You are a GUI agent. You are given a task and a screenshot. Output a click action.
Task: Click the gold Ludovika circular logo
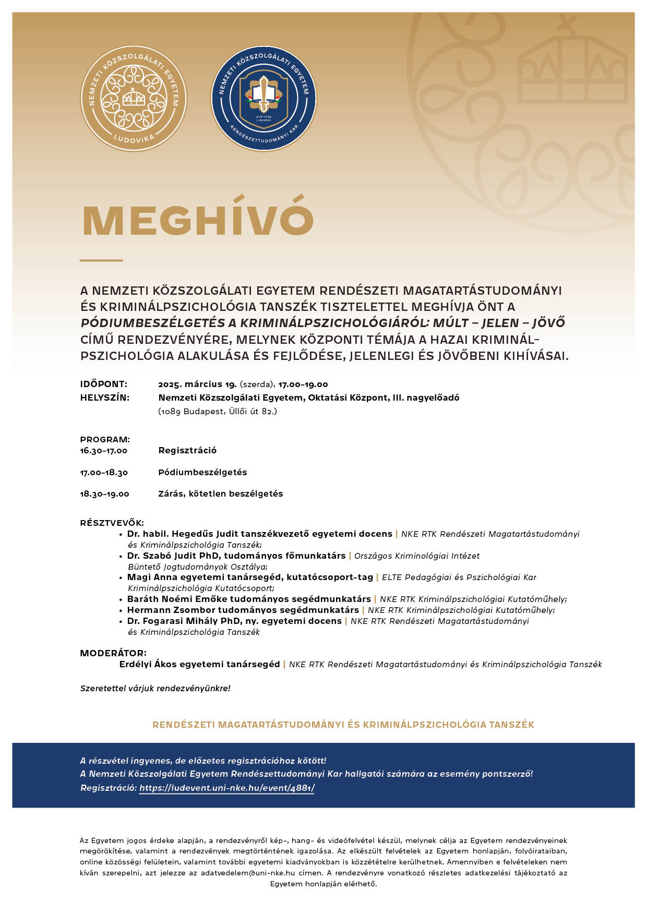pyautogui.click(x=134, y=99)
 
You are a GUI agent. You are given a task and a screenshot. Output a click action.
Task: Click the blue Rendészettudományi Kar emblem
pyautogui.click(x=263, y=99)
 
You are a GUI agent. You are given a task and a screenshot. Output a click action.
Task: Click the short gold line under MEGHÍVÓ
pyautogui.click(x=101, y=260)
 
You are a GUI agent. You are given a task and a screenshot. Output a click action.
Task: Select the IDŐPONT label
pyautogui.click(x=103, y=384)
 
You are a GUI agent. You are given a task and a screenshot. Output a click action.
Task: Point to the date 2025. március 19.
pyautogui.click(x=197, y=384)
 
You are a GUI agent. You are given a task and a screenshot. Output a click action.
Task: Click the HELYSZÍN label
pyautogui.click(x=104, y=398)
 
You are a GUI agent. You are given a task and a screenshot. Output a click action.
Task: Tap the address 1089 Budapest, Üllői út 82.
pyautogui.click(x=218, y=411)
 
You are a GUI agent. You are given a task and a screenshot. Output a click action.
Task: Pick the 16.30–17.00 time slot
pyautogui.click(x=103, y=451)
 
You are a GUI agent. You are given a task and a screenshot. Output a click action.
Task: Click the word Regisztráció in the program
pyautogui.click(x=187, y=451)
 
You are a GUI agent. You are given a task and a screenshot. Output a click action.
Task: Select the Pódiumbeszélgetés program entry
pyautogui.click(x=202, y=473)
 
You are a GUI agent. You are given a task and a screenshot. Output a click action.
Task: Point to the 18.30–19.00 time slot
pyautogui.click(x=104, y=494)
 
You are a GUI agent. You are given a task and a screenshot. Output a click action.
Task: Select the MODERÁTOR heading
pyautogui.click(x=113, y=653)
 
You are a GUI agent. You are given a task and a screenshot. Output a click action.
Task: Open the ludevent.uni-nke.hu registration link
pyautogui.click(x=227, y=788)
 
